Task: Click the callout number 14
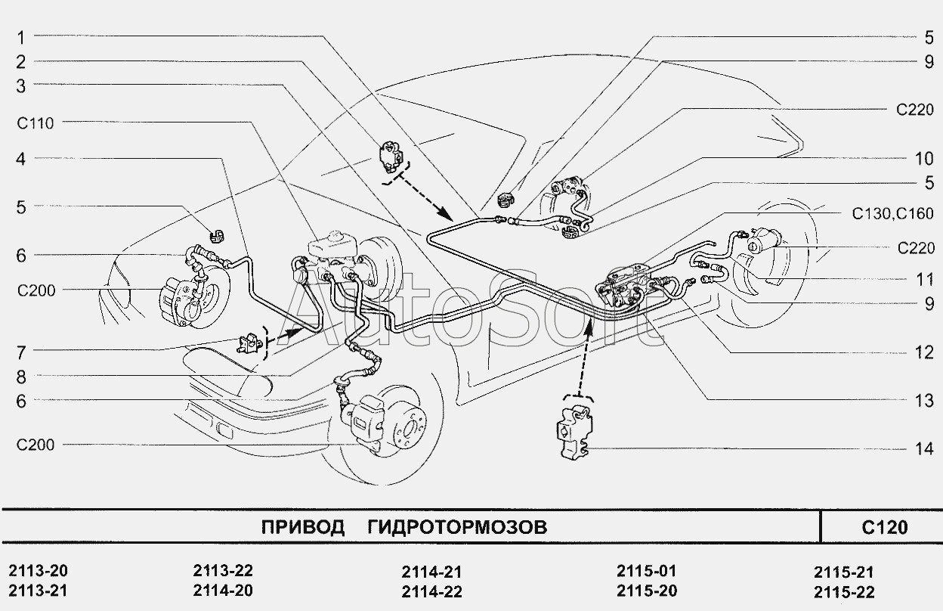(x=925, y=449)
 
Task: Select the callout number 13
(x=925, y=401)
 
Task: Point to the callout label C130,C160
(x=893, y=214)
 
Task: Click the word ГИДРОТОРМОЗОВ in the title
(x=456, y=527)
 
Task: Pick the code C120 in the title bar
(x=883, y=527)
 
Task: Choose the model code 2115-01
(x=646, y=571)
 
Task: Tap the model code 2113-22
(x=223, y=571)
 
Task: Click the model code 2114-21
(x=431, y=572)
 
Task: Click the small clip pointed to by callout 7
(x=249, y=344)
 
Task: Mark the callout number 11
(x=925, y=279)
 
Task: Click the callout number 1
(x=22, y=36)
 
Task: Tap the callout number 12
(x=925, y=352)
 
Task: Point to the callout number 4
(x=22, y=159)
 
